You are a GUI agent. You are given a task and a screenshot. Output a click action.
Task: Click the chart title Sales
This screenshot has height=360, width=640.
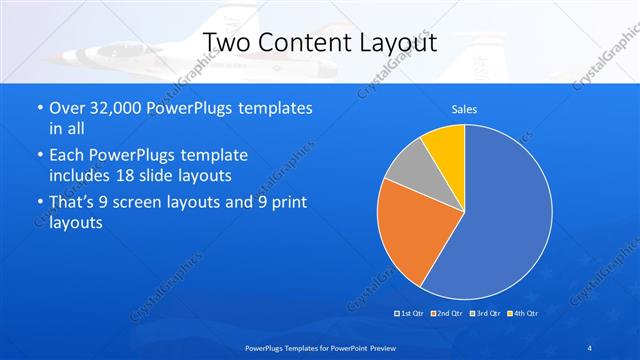point(464,109)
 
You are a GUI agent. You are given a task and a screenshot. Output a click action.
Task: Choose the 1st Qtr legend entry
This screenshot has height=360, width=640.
point(411,313)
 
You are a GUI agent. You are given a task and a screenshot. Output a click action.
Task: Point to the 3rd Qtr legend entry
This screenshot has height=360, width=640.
point(484,313)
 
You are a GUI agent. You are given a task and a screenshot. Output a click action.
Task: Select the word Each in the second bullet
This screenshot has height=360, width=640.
point(68,155)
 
